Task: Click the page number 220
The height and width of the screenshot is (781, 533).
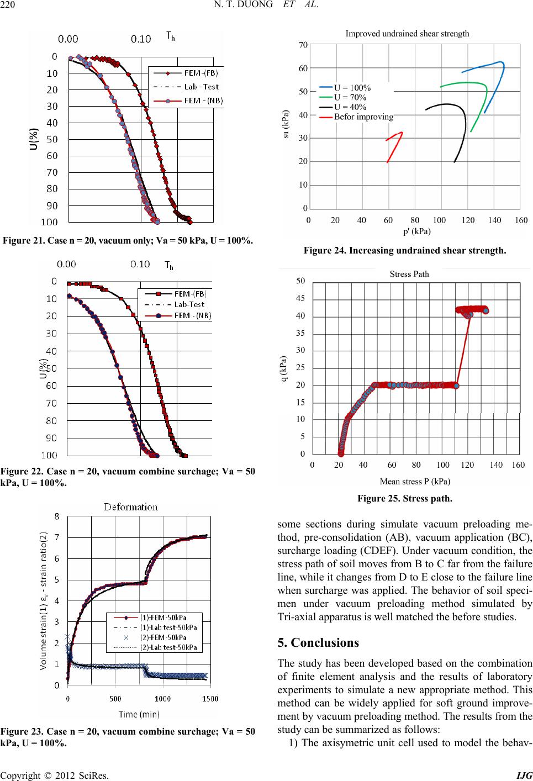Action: pos(10,8)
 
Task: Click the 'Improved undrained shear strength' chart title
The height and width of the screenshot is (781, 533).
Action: pos(407,33)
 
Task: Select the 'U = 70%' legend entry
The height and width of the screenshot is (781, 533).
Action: pos(353,97)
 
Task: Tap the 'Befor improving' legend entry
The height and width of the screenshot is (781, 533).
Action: pos(363,117)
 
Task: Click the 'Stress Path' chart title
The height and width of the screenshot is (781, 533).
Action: pos(409,273)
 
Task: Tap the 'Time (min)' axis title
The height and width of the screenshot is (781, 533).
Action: pos(140,714)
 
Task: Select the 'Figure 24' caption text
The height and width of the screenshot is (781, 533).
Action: pos(404,251)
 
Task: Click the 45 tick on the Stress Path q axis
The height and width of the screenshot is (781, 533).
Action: pos(300,299)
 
